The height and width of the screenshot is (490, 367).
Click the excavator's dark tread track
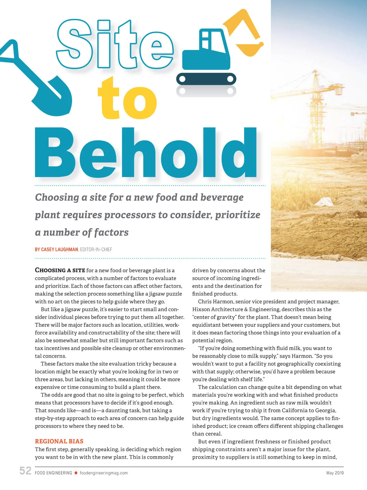206,79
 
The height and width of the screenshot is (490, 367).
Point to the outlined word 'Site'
115,44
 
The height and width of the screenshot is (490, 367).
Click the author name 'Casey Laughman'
60,250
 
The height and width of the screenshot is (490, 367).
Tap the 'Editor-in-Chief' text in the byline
96,250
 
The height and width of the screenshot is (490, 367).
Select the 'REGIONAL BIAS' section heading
59,441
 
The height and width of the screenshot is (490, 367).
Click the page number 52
25,471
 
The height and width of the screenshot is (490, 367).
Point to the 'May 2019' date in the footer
335,473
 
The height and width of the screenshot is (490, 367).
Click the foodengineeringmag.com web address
104,473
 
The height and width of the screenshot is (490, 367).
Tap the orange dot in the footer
76,473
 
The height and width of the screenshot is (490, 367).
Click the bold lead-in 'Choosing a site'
60,270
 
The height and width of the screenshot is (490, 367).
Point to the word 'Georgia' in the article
325,410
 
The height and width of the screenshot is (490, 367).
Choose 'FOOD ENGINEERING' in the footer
54,473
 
